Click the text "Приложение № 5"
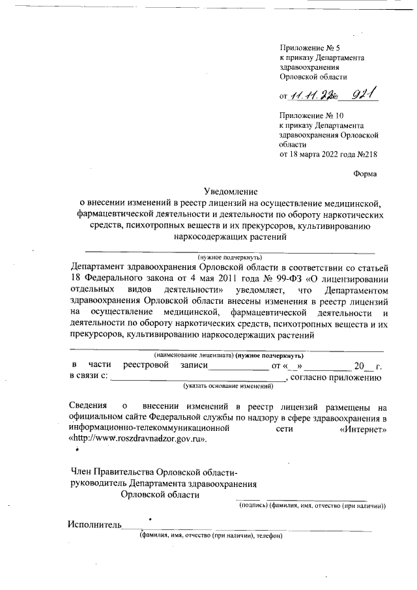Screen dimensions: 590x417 (x=309, y=48)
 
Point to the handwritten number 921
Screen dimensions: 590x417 (x=364, y=95)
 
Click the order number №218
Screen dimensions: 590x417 (x=367, y=155)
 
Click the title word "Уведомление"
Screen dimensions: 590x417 (x=231, y=192)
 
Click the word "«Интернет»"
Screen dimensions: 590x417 (x=363, y=429)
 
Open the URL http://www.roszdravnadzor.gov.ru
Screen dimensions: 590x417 (x=138, y=440)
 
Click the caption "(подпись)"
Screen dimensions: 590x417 (x=251, y=505)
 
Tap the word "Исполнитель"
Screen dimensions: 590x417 (x=94, y=525)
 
